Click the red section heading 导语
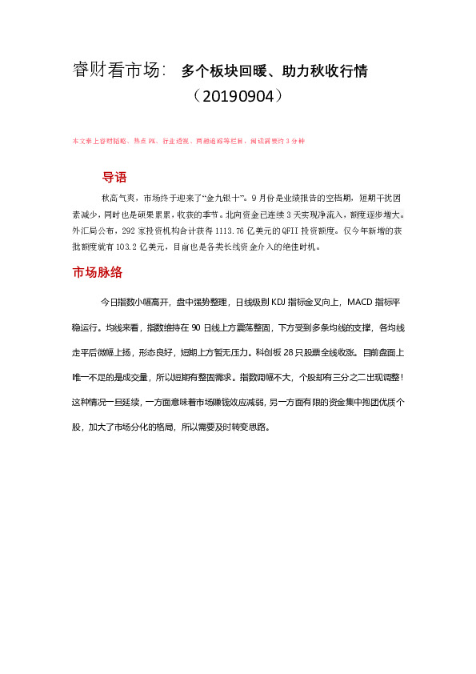point(114,177)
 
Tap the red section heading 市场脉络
point(97,272)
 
